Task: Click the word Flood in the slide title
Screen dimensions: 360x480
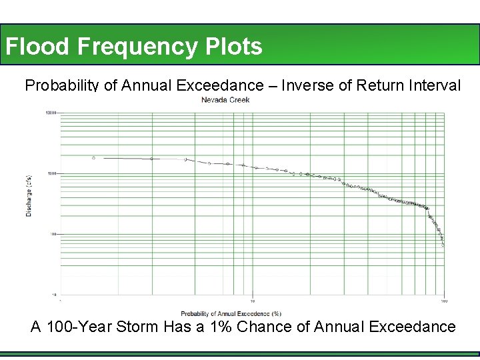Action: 37,47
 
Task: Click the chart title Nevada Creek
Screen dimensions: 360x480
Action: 225,100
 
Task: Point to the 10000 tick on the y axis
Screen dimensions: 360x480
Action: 51,113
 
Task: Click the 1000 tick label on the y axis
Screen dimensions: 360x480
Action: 52,174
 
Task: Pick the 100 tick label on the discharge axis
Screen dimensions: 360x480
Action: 53,234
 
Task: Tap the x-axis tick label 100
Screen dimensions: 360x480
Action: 444,301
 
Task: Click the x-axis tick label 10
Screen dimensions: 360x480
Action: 252,301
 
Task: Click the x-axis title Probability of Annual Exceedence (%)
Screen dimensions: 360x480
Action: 231,313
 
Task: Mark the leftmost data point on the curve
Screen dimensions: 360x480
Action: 93,158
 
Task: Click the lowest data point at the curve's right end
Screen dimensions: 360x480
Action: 443,245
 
